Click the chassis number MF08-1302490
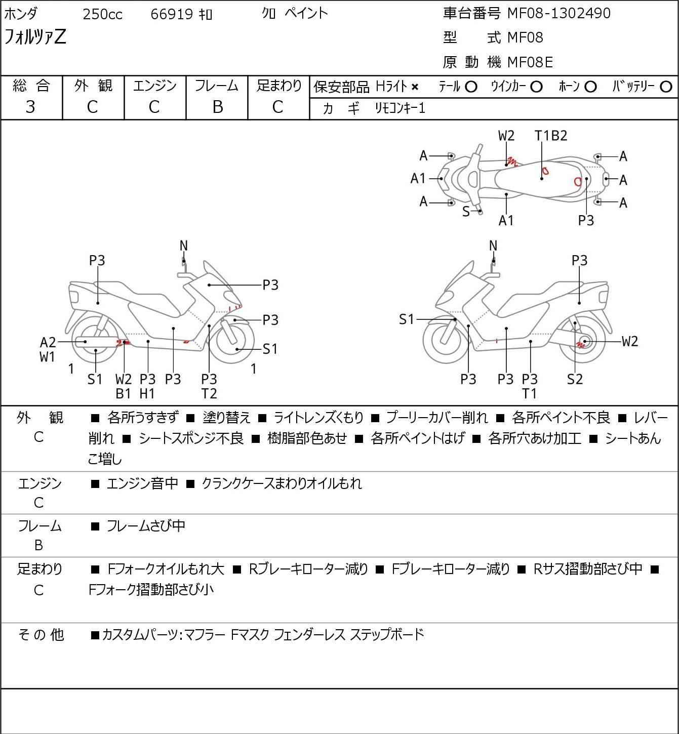tap(558, 13)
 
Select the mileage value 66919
tap(172, 14)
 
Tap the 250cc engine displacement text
tap(102, 14)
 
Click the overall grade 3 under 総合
tap(30, 107)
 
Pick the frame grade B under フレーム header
tap(217, 107)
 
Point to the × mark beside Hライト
tap(415, 87)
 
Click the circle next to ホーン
tap(590, 87)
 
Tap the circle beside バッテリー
tap(666, 87)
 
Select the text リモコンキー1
tap(400, 108)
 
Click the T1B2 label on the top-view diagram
tap(551, 136)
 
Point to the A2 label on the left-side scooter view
tap(48, 343)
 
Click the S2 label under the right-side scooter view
tap(575, 379)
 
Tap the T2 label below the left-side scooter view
tap(209, 394)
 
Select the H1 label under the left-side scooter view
tap(147, 394)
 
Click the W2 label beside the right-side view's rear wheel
tap(630, 341)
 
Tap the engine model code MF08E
tap(530, 62)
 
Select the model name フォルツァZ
tap(35, 37)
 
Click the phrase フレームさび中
tap(146, 525)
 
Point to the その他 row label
tap(41, 635)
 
